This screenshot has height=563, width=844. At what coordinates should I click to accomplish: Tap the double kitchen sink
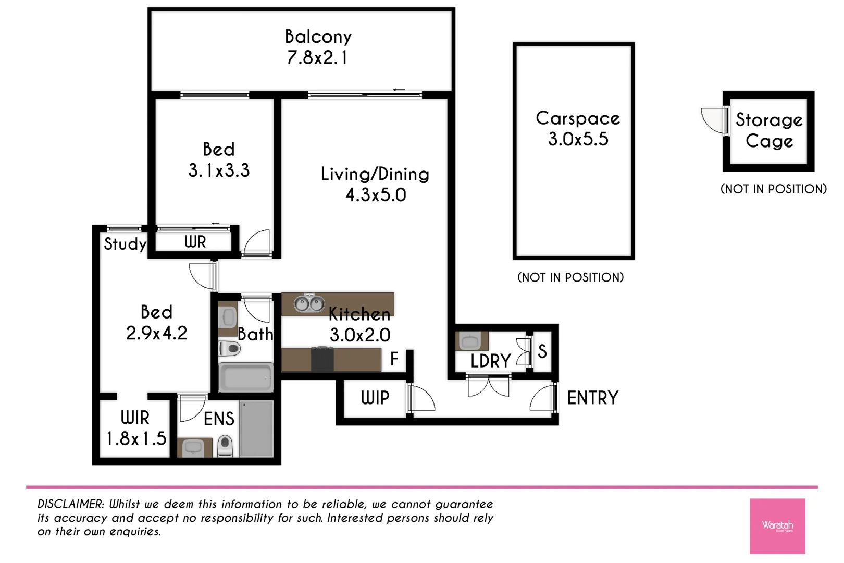(x=309, y=303)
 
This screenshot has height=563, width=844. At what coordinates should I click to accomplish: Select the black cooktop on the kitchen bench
(x=322, y=359)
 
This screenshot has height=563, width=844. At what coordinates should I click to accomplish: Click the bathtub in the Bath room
(x=245, y=377)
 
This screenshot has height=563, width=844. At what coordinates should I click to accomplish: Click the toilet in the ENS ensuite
(x=225, y=446)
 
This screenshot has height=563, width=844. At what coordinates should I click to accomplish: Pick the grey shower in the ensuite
(x=256, y=429)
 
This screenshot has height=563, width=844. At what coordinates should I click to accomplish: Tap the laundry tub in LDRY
(x=471, y=341)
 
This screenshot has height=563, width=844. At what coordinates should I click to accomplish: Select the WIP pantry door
(x=420, y=398)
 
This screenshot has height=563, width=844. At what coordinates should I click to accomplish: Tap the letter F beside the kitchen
(x=394, y=359)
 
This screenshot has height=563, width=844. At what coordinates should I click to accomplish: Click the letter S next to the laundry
(x=542, y=352)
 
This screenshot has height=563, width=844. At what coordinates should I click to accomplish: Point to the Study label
(x=125, y=244)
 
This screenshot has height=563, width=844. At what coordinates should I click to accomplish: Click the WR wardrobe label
(x=195, y=242)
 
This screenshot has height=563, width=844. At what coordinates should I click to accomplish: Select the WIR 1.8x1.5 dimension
(x=136, y=439)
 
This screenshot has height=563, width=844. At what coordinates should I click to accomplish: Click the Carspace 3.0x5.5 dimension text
(x=578, y=139)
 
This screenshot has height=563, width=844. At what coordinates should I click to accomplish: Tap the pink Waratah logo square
(x=777, y=525)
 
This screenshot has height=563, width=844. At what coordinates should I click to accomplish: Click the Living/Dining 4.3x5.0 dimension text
(x=376, y=195)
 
